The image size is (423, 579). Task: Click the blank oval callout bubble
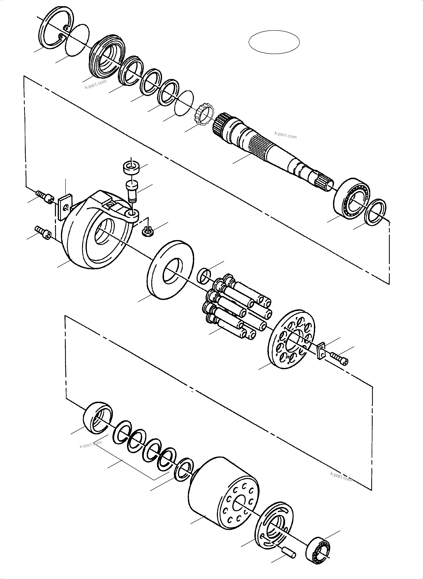(274, 42)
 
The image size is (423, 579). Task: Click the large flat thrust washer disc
(171, 269)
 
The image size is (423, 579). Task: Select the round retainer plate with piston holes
(291, 339)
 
